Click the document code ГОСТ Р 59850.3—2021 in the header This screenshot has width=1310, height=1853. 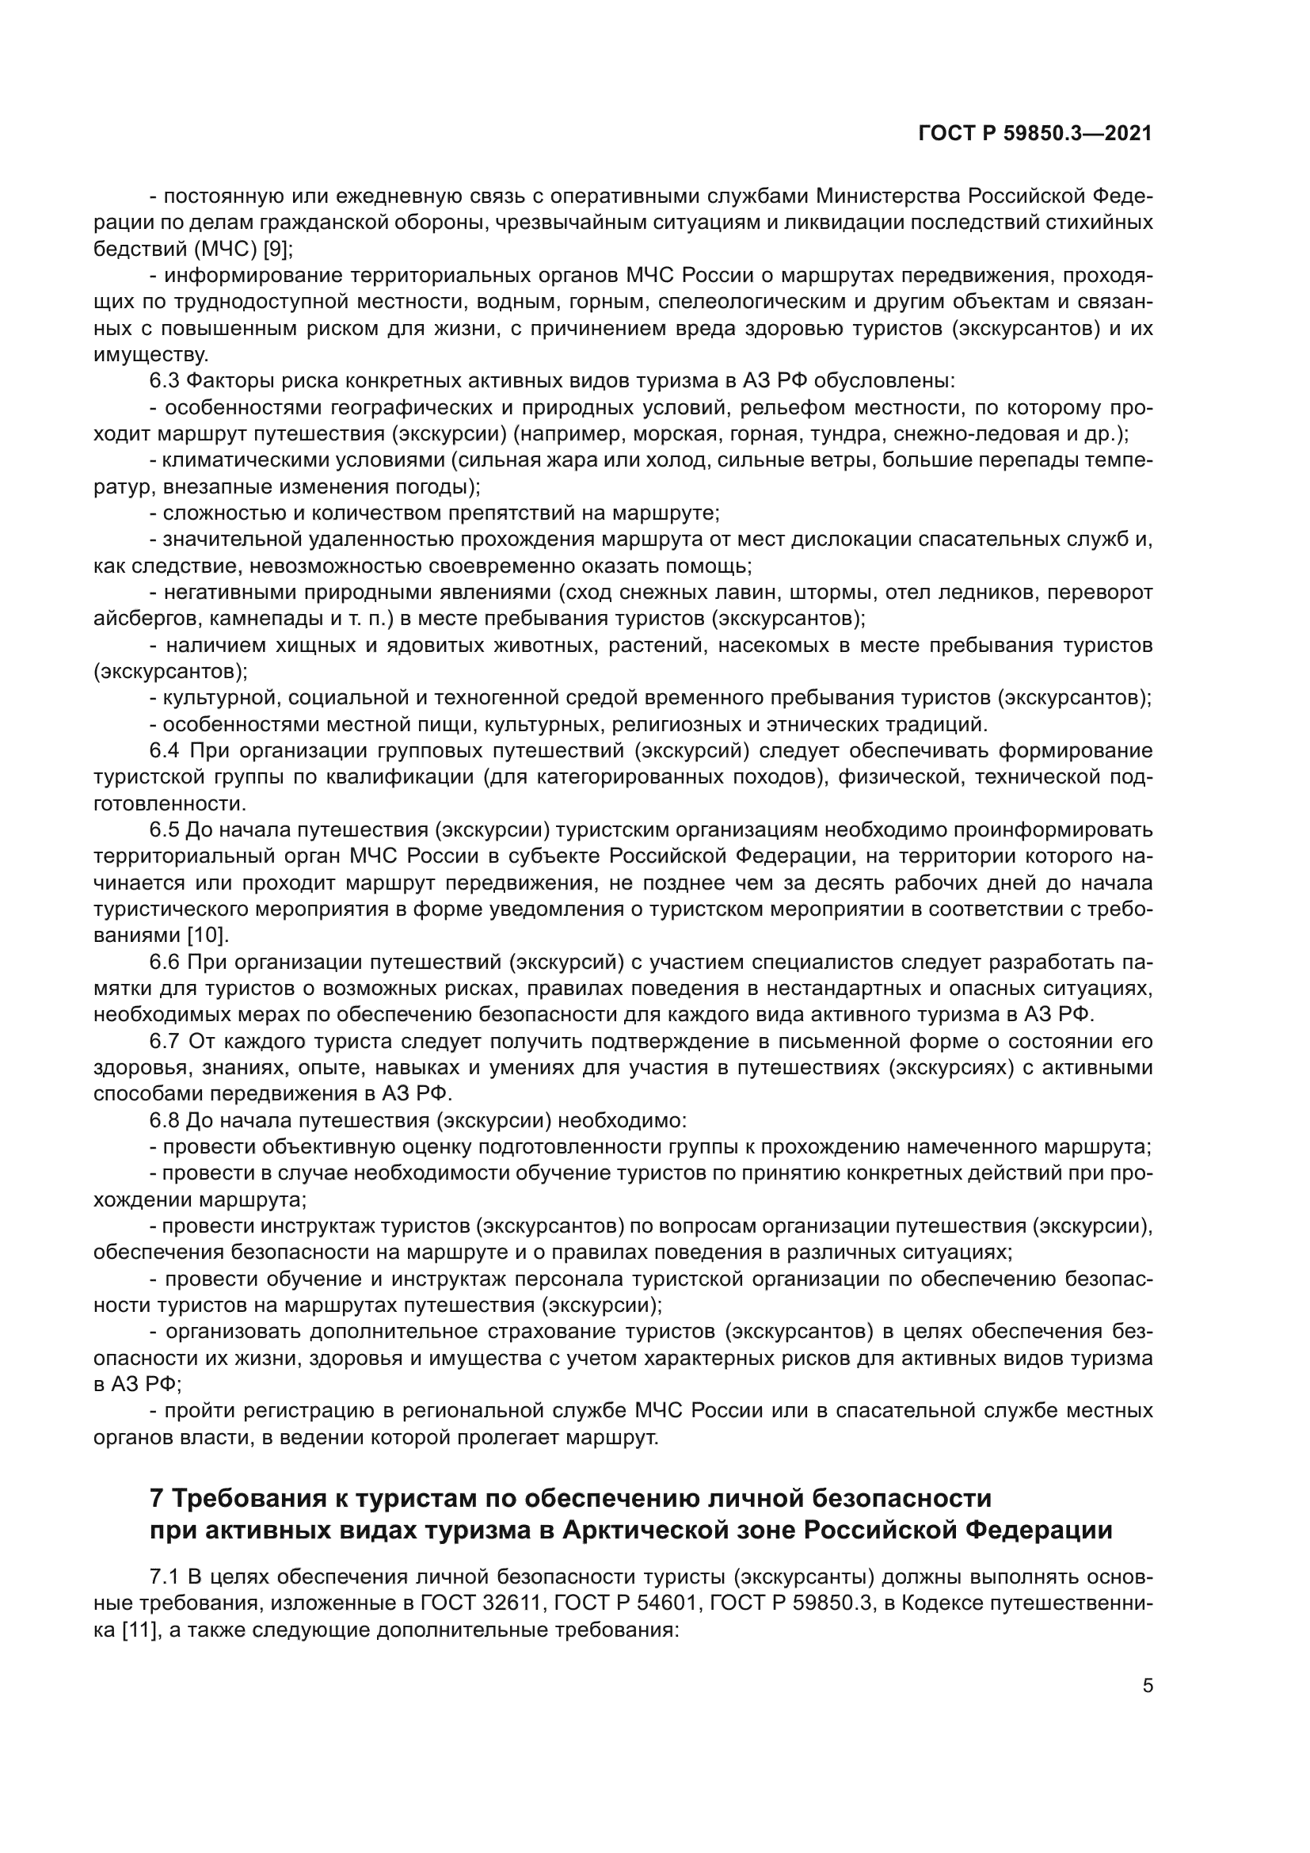(1035, 134)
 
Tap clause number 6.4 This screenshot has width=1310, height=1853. (165, 751)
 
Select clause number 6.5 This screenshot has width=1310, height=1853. (165, 830)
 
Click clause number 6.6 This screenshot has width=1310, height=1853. (165, 962)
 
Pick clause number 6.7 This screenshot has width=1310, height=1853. (165, 1041)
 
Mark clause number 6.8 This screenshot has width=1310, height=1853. (165, 1120)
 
